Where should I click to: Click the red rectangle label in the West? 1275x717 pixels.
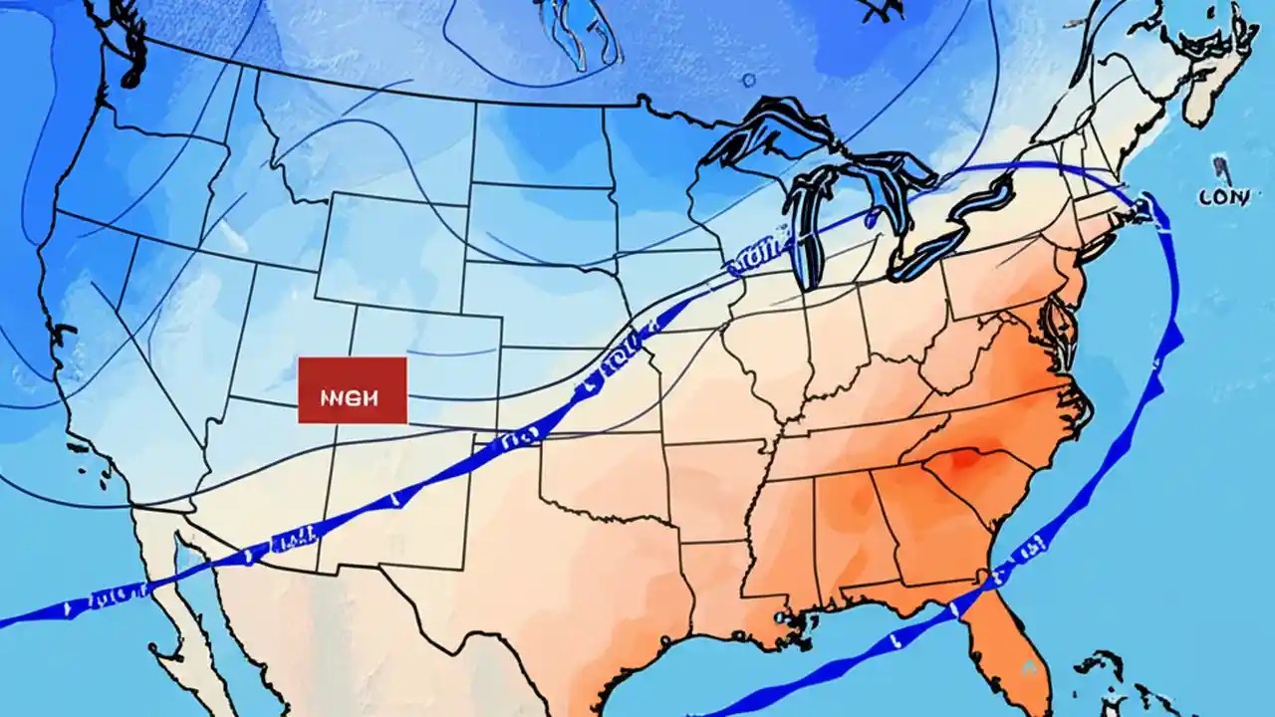[352, 391]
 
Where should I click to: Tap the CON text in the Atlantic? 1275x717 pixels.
[1224, 197]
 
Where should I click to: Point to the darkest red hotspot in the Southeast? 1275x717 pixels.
[961, 460]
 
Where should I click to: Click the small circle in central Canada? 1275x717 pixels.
[747, 80]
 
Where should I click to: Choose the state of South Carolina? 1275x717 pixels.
[981, 478]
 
